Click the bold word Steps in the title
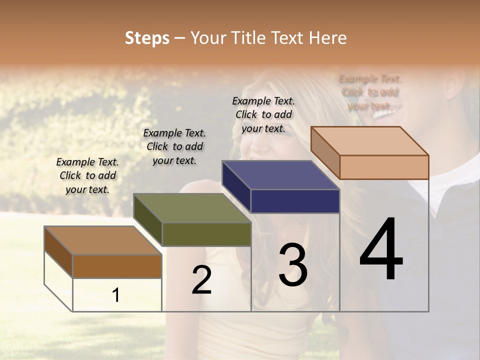(x=147, y=38)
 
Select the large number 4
(x=381, y=250)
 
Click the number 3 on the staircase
(x=293, y=265)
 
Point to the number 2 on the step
(x=201, y=280)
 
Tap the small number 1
(x=116, y=295)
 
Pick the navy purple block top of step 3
(x=280, y=175)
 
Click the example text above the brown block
(x=87, y=175)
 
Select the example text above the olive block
(x=174, y=146)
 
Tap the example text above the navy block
(x=263, y=114)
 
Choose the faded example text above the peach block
(x=370, y=92)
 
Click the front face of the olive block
(x=206, y=234)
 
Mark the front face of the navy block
(x=295, y=201)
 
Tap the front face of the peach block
(x=384, y=167)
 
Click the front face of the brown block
(x=117, y=266)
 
